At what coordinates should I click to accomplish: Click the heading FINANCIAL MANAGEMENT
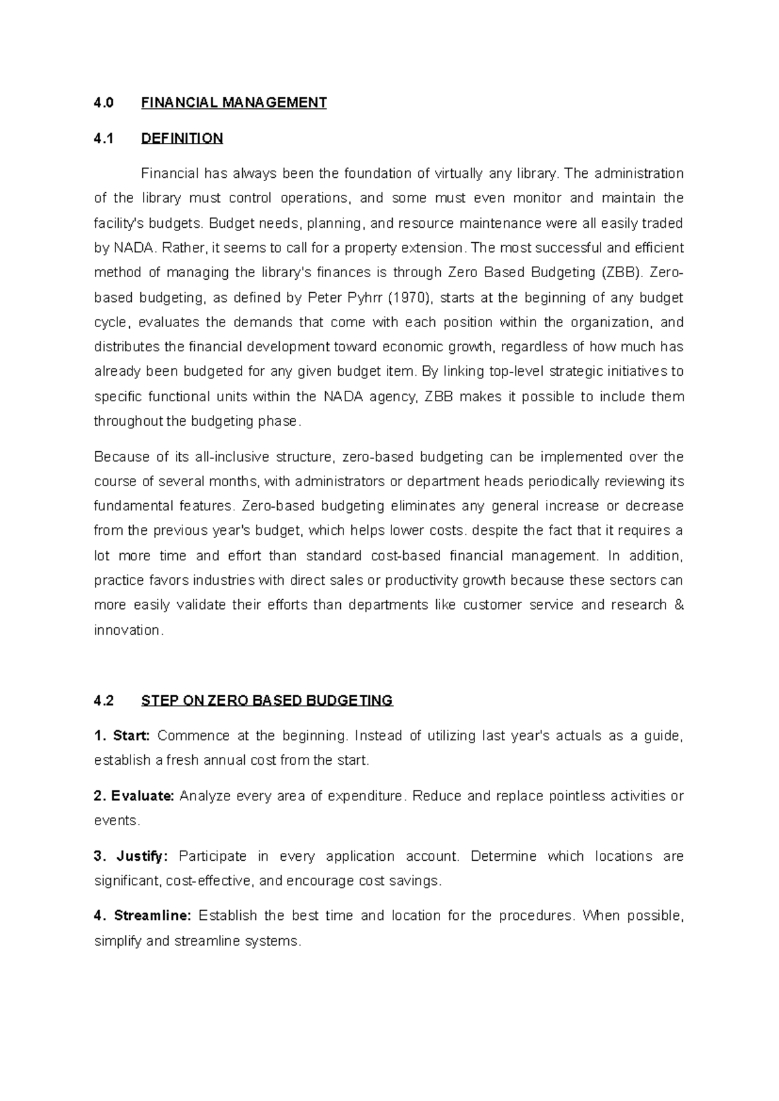234,103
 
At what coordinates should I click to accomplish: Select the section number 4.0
103,103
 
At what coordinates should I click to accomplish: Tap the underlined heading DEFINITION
182,138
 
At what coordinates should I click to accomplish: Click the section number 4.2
103,700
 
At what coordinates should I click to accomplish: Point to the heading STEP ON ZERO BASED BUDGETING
267,700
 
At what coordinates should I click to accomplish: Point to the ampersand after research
679,605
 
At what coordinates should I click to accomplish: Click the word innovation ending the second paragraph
127,630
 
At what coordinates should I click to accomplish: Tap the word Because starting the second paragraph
121,457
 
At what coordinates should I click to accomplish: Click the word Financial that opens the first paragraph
169,173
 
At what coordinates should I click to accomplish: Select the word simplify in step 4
117,941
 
